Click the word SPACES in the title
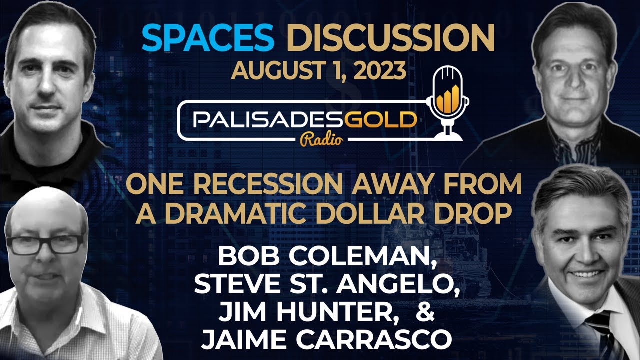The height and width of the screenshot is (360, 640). pyautogui.click(x=208, y=38)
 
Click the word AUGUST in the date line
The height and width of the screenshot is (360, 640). pyautogui.click(x=275, y=70)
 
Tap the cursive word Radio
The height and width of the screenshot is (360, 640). pyautogui.click(x=322, y=139)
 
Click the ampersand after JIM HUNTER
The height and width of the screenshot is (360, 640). pyautogui.click(x=425, y=311)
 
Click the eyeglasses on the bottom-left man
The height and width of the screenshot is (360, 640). pyautogui.click(x=45, y=245)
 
